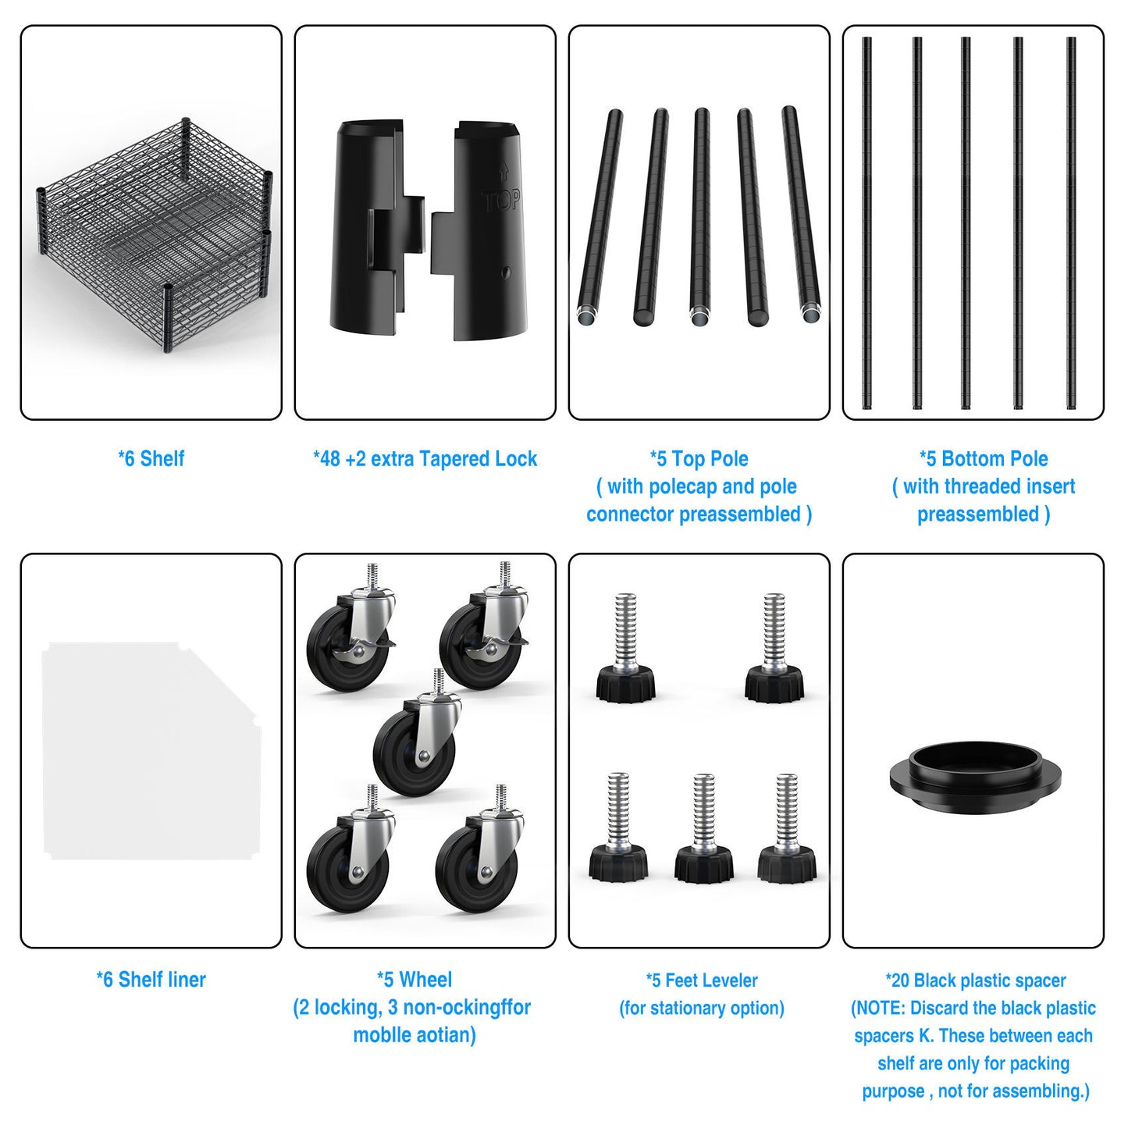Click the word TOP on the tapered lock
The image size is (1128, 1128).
click(502, 201)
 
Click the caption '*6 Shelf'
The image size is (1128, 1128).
click(151, 458)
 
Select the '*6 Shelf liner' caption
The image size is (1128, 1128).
click(151, 980)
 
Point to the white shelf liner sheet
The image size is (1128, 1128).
click(151, 750)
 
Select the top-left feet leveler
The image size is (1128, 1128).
click(625, 649)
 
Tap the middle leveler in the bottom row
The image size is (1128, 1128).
click(703, 829)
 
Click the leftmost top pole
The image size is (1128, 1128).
click(600, 216)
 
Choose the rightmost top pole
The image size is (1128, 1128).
click(801, 214)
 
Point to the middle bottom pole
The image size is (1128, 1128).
click(966, 223)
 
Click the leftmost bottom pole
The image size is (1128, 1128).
click(867, 223)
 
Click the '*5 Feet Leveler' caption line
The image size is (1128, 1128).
click(702, 980)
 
